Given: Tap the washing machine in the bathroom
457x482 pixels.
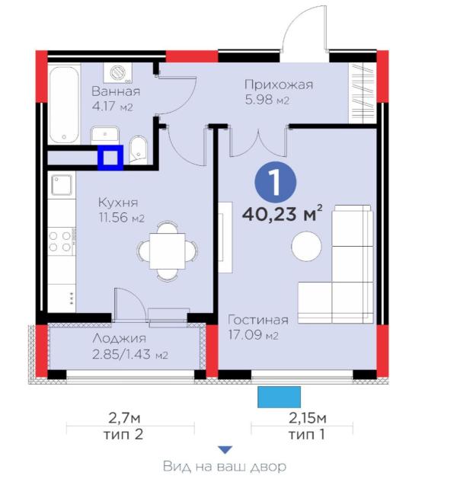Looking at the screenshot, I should click(x=118, y=74).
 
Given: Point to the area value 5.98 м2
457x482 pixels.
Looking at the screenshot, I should click(x=266, y=101).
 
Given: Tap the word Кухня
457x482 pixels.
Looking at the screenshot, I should click(x=117, y=203).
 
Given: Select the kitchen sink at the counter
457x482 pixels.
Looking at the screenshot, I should click(x=61, y=185).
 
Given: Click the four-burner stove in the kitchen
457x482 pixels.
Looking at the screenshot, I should click(x=60, y=242).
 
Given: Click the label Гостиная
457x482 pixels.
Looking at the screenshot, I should click(x=258, y=320).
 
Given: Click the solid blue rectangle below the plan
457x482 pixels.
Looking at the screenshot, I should click(x=279, y=396).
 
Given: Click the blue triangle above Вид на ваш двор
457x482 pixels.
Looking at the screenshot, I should click(x=225, y=450).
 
